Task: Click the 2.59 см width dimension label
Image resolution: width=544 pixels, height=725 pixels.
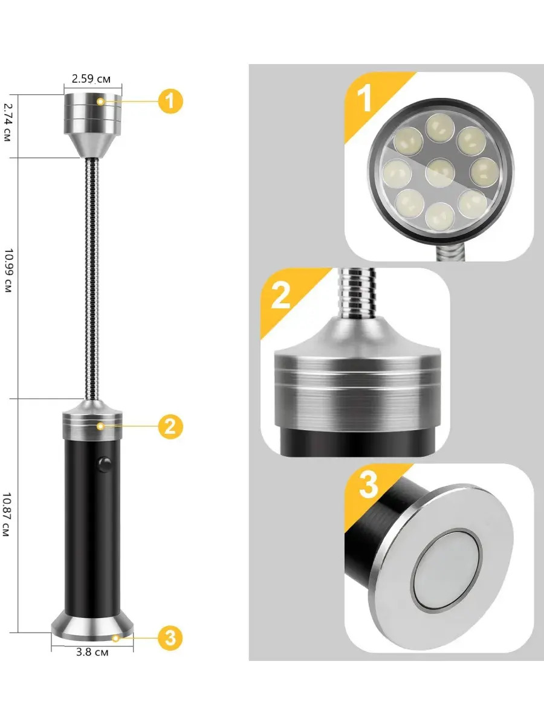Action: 91,79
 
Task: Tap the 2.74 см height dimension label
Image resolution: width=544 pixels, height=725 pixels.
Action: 7,122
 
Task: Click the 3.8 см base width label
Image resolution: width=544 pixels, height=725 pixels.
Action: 92,652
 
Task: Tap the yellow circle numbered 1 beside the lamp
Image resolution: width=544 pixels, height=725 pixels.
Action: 170,101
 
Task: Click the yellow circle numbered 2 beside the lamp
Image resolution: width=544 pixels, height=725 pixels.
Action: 170,427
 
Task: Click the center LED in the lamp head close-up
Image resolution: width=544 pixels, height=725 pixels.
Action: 439,172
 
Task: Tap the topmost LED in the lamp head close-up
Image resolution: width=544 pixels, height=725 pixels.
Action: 440,128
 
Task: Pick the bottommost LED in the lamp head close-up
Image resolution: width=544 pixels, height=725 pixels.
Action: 439,217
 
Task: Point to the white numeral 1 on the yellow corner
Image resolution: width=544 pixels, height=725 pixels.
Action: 364,98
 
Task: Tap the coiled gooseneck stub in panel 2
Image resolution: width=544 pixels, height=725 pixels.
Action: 358,294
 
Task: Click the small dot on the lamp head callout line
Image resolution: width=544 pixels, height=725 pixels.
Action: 100,101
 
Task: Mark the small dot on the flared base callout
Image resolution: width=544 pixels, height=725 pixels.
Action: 115,638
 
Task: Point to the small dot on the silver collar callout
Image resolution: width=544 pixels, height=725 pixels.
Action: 101,427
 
